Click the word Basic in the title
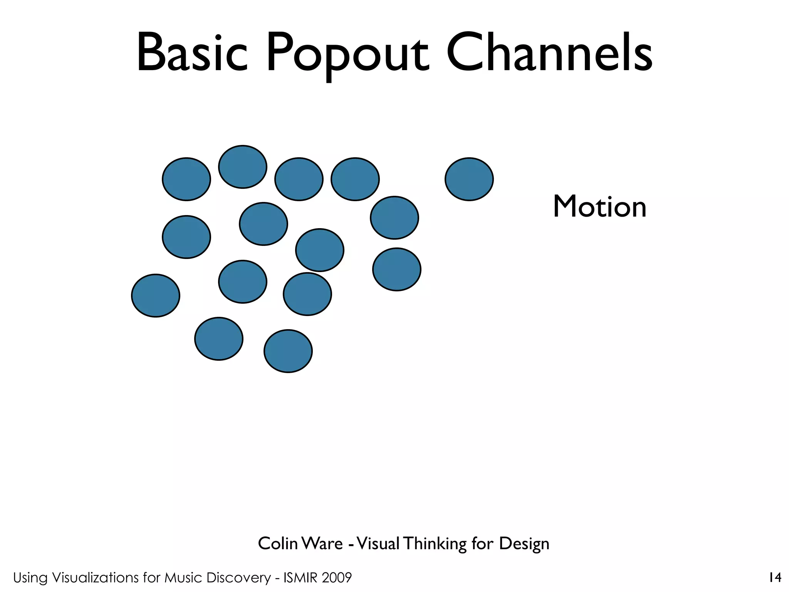coord(192,53)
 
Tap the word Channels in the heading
coord(549,53)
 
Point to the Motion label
coord(599,207)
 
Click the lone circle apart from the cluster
coord(469,179)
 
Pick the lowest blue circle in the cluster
coord(288,351)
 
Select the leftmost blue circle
coord(155,296)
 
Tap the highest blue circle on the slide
coord(242,166)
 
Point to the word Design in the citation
coord(524,544)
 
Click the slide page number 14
coord(775,578)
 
